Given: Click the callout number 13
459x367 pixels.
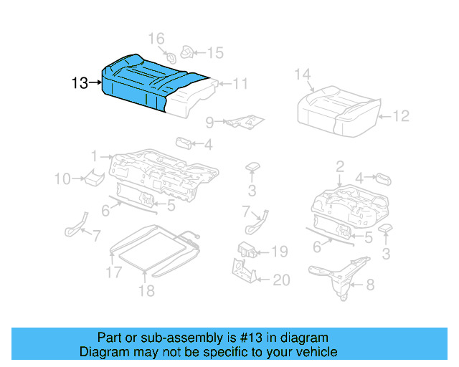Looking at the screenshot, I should (80, 83).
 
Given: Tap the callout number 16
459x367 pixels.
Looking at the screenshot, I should (156, 39).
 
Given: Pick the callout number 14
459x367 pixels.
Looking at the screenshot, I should (302, 74).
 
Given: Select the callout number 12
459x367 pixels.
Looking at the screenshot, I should (401, 115).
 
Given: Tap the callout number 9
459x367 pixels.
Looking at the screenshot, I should (209, 122).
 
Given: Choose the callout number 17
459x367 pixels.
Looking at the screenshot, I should (113, 272).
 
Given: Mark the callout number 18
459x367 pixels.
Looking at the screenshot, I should (146, 290).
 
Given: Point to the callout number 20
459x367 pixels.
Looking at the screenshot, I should (281, 280).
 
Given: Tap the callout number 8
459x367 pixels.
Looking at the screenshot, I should (370, 285).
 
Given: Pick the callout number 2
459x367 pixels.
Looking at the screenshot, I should (339, 167).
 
